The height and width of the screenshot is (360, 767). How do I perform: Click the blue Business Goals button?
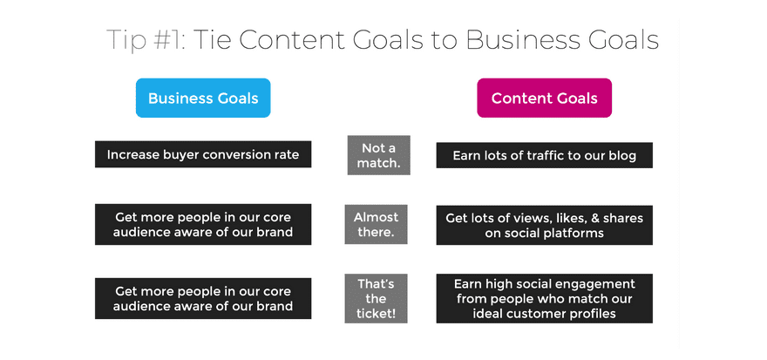tap(203, 98)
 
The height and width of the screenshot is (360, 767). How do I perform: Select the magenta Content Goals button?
tap(544, 98)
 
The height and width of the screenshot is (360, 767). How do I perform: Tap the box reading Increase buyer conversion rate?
tap(203, 154)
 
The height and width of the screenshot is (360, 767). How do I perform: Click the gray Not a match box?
tap(378, 155)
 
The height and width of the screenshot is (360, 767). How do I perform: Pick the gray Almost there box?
tap(376, 224)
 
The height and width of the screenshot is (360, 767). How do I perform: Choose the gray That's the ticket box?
tap(376, 298)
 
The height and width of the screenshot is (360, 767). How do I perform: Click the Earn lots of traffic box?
tap(545, 155)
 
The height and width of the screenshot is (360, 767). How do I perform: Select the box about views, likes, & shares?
tap(545, 225)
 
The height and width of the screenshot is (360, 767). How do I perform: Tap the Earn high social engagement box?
tap(545, 298)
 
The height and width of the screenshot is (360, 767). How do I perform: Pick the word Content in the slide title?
tap(293, 39)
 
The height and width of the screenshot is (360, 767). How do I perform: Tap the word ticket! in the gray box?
tap(376, 314)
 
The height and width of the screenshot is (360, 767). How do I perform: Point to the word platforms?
tap(574, 234)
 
